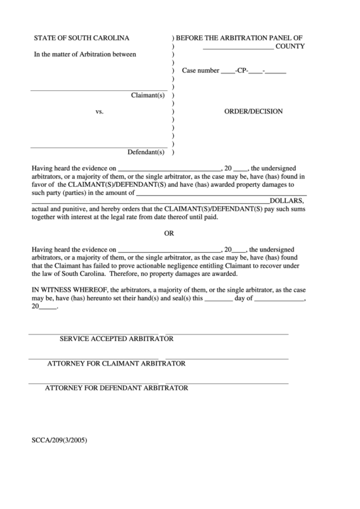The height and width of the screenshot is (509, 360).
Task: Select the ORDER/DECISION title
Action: [253, 111]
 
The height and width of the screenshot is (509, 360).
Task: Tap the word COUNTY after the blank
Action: [290, 46]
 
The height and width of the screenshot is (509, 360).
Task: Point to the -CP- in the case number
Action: [242, 70]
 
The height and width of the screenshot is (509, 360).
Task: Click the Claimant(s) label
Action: [148, 95]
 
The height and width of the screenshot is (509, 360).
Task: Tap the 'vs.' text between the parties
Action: [99, 111]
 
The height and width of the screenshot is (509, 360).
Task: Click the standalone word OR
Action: [170, 232]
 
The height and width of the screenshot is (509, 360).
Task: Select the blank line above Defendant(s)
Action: [98, 145]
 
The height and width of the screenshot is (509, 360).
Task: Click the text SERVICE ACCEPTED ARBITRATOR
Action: [117, 338]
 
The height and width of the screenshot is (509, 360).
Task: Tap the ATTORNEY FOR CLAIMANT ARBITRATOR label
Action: [116, 363]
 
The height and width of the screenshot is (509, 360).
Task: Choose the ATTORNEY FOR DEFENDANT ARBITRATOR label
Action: [116, 388]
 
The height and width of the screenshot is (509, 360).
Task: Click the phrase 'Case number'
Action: [200, 70]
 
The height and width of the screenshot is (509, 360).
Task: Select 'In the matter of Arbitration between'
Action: [86, 54]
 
